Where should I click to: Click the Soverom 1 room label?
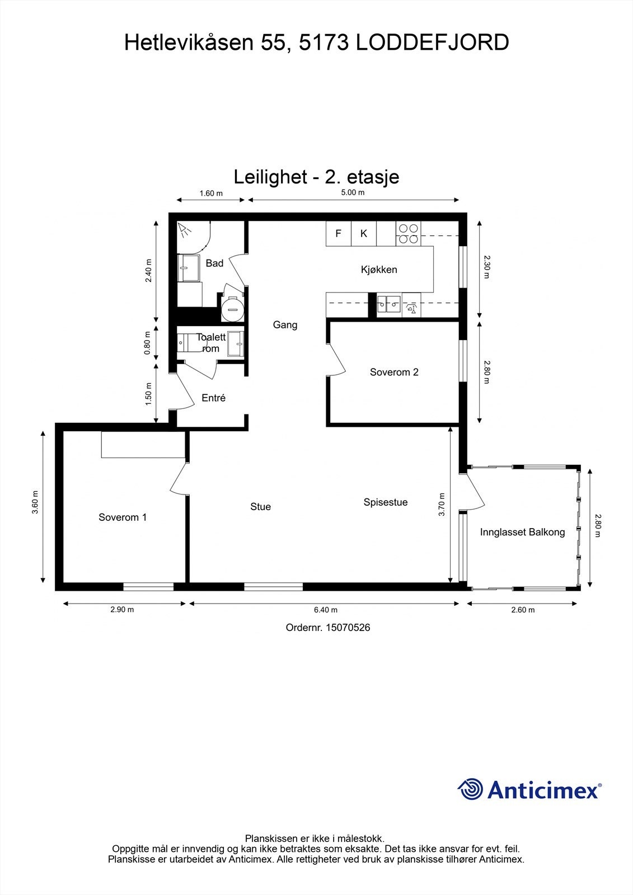tap(123, 517)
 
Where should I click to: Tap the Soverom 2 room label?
tap(394, 372)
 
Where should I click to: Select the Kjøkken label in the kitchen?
tap(379, 270)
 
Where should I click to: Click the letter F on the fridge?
tap(338, 234)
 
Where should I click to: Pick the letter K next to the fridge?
tap(364, 234)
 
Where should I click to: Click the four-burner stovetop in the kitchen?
tap(408, 234)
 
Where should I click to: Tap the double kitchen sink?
tap(388, 305)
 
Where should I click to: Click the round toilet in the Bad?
tap(232, 308)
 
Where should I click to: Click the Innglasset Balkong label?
tap(522, 532)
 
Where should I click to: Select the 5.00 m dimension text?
tap(353, 193)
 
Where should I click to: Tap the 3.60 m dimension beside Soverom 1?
tap(35, 502)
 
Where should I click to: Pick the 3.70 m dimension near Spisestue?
tap(442, 504)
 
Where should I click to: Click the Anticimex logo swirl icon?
tap(471, 790)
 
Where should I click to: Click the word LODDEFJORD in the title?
tap(432, 43)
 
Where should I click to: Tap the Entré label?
tap(213, 398)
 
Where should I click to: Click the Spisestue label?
tap(385, 502)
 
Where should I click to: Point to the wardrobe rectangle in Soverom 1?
tap(143, 445)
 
